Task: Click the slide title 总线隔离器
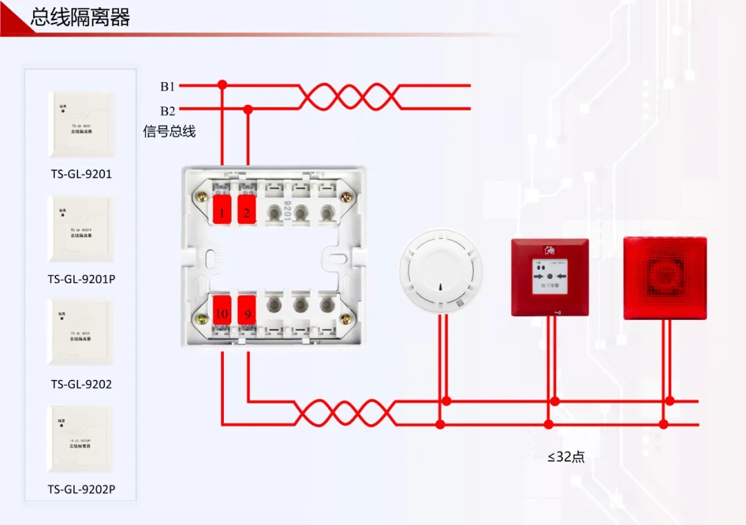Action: [80, 18]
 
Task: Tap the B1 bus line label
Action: [168, 86]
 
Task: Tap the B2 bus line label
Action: [168, 111]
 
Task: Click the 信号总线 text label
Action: [169, 131]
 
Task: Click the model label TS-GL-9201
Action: [80, 174]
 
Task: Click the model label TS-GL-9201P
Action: [81, 279]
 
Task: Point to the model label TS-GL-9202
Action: [81, 384]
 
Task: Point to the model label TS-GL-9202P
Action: [82, 490]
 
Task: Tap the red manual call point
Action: [550, 277]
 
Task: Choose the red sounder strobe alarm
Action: [665, 278]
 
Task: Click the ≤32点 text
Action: [566, 457]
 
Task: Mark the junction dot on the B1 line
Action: [222, 85]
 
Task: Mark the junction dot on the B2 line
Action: [248, 109]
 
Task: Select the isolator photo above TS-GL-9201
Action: [80, 125]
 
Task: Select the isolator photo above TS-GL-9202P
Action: [80, 439]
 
